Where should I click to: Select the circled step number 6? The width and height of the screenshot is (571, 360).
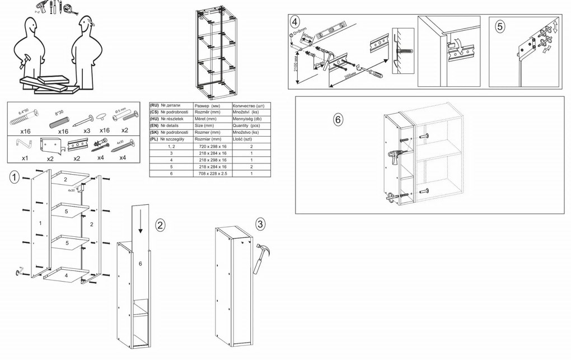(x=338, y=120)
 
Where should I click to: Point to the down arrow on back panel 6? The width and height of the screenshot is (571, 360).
(x=140, y=221)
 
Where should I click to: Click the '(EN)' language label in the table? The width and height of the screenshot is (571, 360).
(x=155, y=125)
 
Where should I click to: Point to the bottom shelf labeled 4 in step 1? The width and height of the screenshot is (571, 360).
(x=65, y=275)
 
